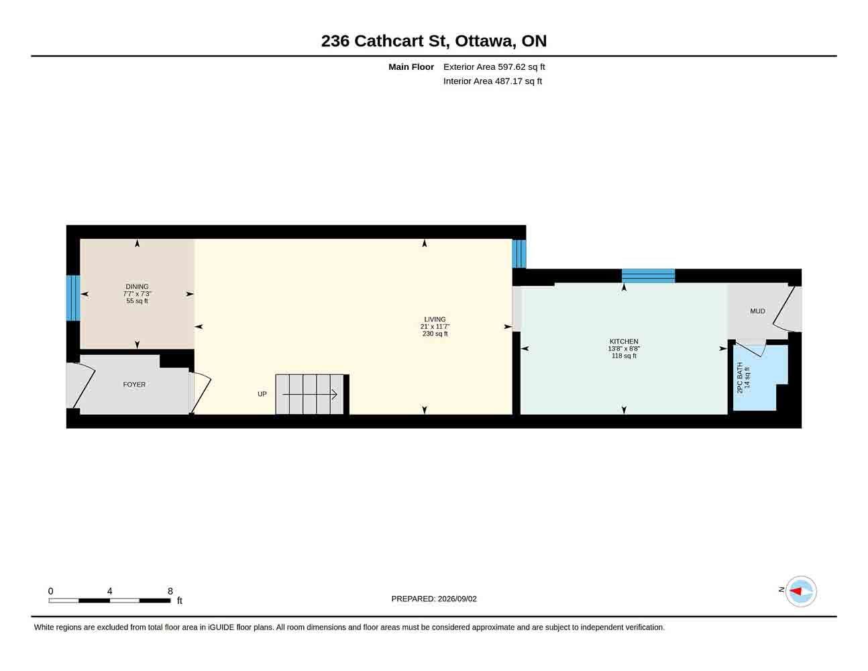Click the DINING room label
137,287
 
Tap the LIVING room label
435,319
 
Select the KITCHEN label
624,341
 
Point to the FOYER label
134,384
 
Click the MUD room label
757,311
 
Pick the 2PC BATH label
739,377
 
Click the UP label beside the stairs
262,394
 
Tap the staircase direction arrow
310,395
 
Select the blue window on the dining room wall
73,298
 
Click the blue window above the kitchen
648,276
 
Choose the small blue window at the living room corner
519,254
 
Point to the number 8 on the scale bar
170,591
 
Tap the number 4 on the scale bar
109,591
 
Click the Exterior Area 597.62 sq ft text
494,66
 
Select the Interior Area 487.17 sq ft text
492,81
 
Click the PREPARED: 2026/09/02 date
434,599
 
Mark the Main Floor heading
411,66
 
